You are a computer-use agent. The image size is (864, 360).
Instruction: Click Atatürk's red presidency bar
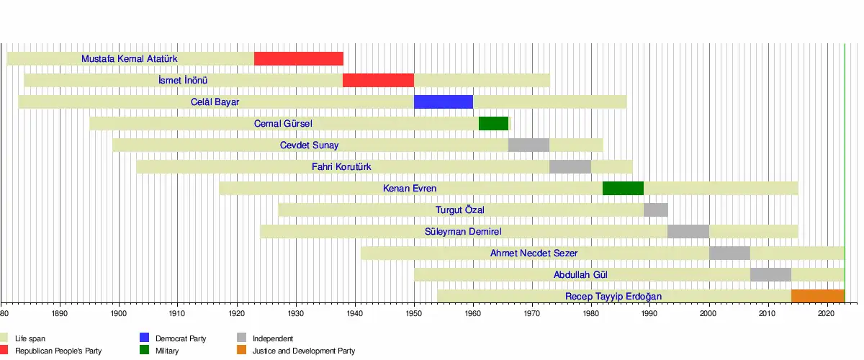299,59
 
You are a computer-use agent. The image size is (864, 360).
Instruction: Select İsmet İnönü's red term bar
378,81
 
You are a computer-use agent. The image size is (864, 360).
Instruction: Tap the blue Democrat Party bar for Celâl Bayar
444,102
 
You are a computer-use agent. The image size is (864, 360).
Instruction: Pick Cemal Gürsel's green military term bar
493,124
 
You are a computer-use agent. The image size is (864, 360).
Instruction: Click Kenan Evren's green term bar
623,189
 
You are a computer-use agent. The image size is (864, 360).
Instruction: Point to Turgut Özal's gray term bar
655,210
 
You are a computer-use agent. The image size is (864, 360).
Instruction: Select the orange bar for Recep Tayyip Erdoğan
817,297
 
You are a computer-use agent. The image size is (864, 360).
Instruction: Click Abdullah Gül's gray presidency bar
770,275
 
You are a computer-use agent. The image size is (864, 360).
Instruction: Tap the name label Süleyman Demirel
463,232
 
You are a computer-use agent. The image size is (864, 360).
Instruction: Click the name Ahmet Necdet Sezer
534,253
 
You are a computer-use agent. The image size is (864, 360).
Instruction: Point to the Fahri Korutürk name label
341,167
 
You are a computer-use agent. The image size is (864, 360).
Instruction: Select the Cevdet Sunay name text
309,145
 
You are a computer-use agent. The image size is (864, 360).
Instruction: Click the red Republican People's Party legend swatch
4,351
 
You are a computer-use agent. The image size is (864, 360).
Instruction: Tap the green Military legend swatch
144,351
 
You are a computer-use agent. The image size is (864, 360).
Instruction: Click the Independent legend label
273,338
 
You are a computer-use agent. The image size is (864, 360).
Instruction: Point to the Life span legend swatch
4,338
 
